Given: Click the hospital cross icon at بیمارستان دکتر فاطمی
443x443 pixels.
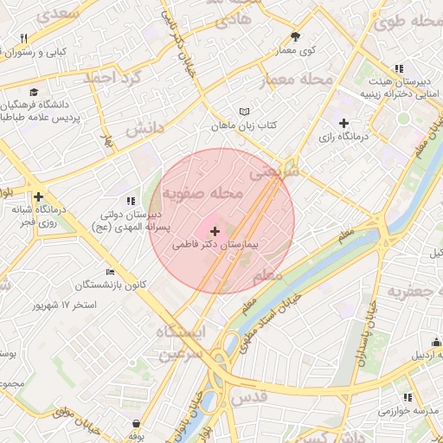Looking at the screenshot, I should (x=215, y=230).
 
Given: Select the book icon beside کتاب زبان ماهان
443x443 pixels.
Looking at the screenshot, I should (x=245, y=112).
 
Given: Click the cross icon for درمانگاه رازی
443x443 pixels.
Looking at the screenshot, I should (x=344, y=123).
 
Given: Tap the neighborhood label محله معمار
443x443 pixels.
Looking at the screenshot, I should (x=295, y=80).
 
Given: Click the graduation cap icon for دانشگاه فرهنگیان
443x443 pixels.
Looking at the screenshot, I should (x=33, y=92).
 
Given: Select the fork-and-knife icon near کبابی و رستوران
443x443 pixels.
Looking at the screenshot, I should (x=23, y=38).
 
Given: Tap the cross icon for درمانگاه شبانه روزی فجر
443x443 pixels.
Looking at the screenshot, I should (x=37, y=197).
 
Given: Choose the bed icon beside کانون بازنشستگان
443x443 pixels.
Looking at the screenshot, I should (x=110, y=271).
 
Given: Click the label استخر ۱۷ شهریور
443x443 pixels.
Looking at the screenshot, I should (x=64, y=305).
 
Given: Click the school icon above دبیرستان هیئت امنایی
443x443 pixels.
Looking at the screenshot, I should (x=398, y=67).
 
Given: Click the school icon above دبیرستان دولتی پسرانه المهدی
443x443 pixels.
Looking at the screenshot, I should (x=131, y=201).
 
